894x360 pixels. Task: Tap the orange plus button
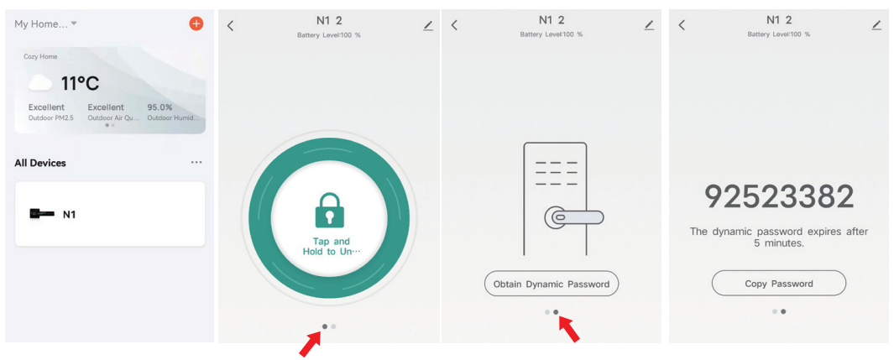point(196,23)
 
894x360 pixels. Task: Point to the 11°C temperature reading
point(80,83)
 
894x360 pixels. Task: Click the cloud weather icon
point(40,82)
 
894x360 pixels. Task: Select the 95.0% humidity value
point(159,107)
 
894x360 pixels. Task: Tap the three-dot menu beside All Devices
point(196,162)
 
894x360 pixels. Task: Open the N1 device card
point(109,214)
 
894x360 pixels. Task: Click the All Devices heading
point(40,163)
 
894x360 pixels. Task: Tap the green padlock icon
point(329,209)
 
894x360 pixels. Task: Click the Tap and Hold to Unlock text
point(330,247)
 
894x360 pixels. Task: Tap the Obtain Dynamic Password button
point(552,284)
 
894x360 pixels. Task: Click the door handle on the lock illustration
point(574,217)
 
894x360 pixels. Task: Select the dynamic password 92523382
point(778,196)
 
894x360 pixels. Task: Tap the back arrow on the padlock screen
point(231,26)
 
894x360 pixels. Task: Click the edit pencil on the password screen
point(876,25)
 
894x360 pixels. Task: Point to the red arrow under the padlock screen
point(310,344)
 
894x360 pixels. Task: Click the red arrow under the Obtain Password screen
point(570,330)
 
